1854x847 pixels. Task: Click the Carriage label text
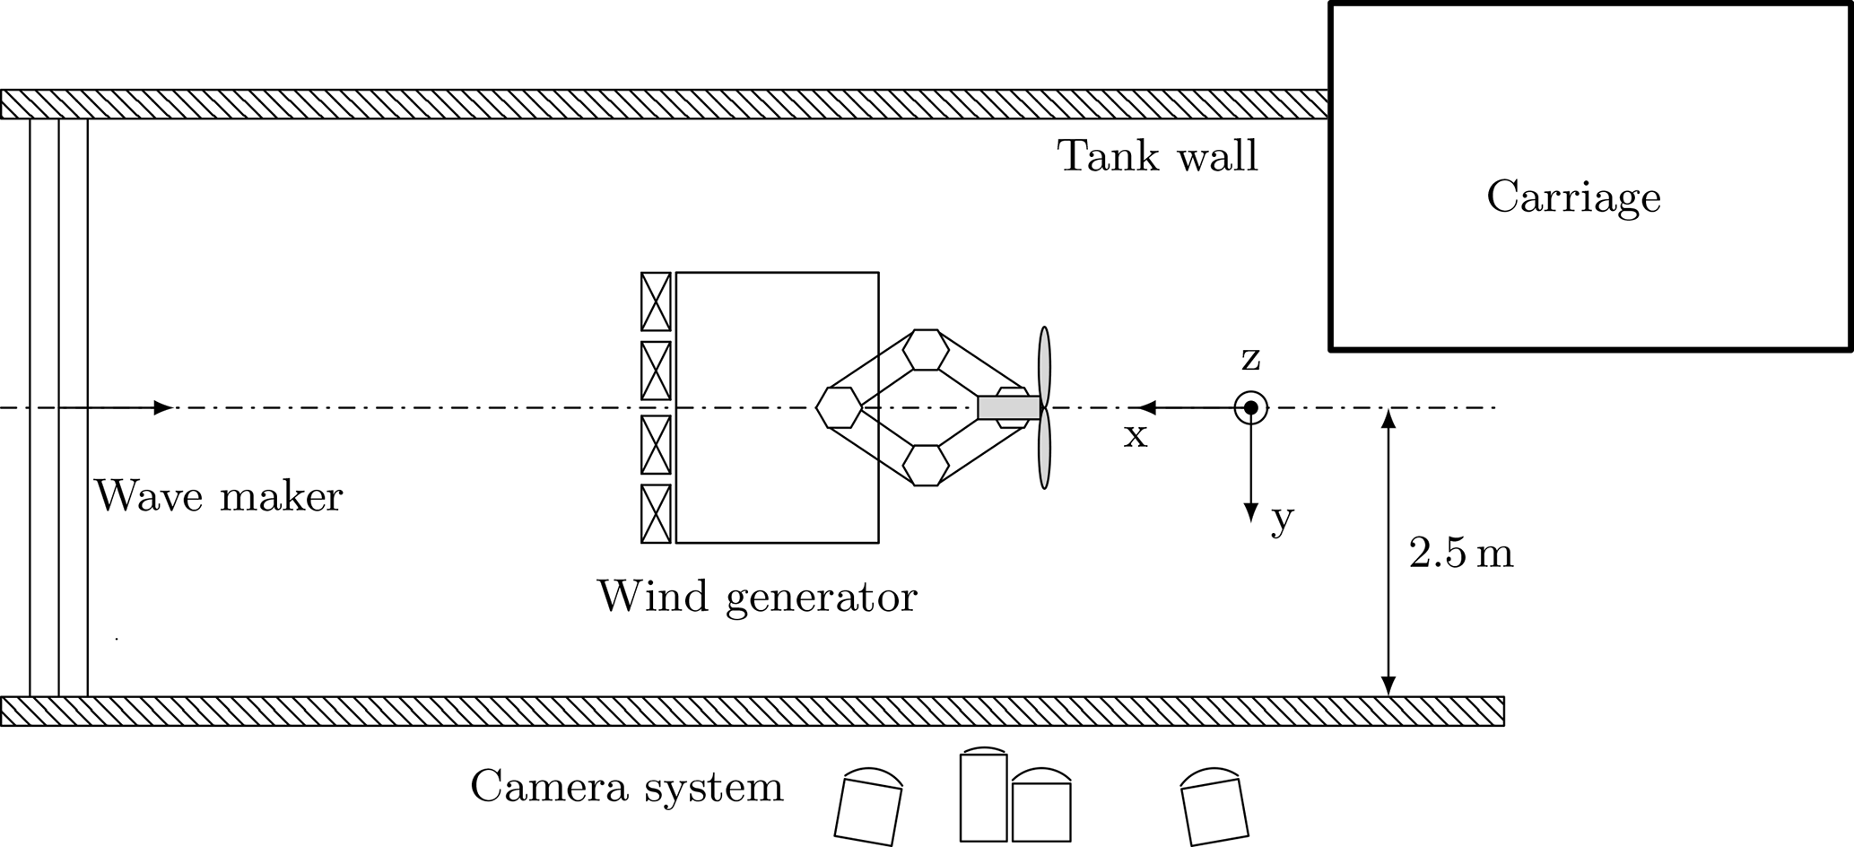pos(1573,197)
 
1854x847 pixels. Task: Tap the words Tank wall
pos(1158,156)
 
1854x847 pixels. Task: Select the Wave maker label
pos(219,495)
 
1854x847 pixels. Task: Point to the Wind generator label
pos(757,596)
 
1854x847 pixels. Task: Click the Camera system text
pos(626,786)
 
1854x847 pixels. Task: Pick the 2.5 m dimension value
pos(1461,554)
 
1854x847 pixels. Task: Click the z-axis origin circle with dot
pos(1250,408)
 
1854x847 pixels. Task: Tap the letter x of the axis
pos(1136,436)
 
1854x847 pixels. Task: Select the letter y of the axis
pos(1283,518)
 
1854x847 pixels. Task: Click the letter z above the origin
pos(1250,359)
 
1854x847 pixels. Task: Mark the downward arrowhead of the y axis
pos(1250,512)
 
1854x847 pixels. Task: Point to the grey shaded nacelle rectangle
pos(1008,407)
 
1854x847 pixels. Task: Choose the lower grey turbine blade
pos(1044,454)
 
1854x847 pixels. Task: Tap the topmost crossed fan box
pos(656,301)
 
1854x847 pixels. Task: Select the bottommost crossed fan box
pos(656,514)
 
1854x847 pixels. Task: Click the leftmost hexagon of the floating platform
pos(840,407)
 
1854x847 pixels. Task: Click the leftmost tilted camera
pos(867,808)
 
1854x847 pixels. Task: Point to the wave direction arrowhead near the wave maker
pos(162,408)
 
